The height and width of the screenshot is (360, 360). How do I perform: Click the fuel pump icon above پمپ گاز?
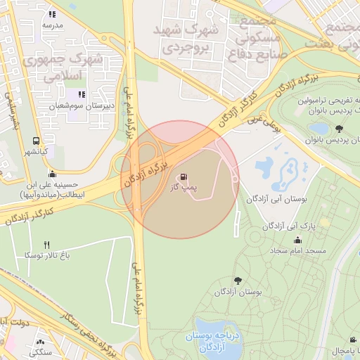(x=184, y=176)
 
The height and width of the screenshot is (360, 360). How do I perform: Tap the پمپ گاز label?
(x=184, y=188)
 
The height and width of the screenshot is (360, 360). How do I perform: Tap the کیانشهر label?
(x=33, y=151)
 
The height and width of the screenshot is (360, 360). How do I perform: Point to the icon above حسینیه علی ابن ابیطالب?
(x=51, y=174)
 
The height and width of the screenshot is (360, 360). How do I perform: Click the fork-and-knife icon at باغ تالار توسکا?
(x=48, y=245)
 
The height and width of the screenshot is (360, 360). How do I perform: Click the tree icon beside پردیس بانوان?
(x=340, y=129)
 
